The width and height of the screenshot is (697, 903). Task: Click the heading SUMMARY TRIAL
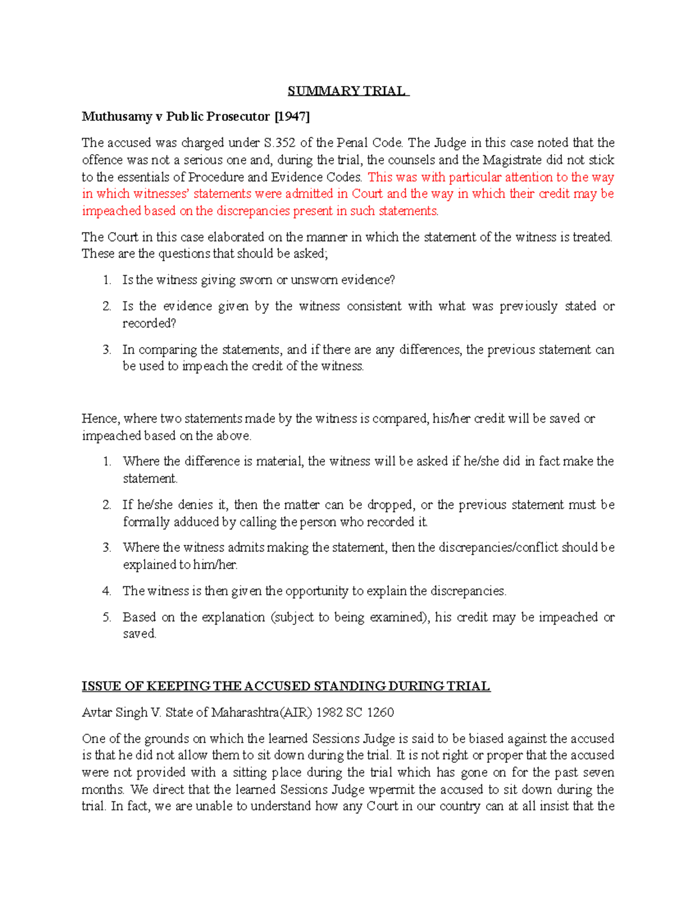(348, 91)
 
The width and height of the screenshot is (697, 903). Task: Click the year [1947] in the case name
(292, 117)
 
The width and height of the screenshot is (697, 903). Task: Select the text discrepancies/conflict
(511, 548)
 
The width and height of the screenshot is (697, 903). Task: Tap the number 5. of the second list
(107, 618)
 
